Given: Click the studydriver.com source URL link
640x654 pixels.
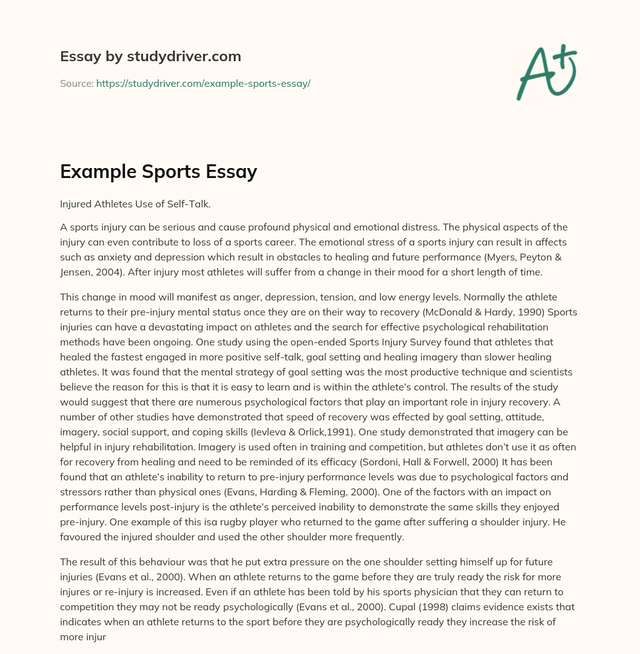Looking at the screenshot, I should [x=203, y=83].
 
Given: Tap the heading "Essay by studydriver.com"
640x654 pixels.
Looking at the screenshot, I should [x=151, y=56].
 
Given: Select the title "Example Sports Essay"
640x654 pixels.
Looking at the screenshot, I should [x=159, y=171].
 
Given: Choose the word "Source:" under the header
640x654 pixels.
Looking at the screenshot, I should [x=76, y=83].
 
